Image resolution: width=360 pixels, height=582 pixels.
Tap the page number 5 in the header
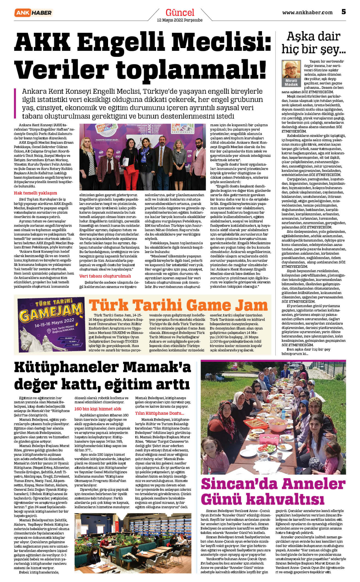coord(343,12)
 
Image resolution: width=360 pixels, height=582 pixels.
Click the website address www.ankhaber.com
coord(307,13)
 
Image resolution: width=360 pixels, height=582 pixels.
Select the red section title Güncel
coord(180,13)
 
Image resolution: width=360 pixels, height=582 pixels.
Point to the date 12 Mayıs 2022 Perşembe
coord(180,20)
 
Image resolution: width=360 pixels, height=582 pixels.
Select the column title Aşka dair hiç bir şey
coord(313,43)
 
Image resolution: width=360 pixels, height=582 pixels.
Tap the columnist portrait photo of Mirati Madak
coord(291,70)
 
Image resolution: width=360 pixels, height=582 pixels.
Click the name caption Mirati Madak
coord(291,82)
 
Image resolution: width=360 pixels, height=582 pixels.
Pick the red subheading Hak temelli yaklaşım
coord(35,193)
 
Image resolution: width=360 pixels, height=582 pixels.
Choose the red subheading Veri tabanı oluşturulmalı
coord(105,276)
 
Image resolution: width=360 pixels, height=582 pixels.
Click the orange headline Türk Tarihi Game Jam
coord(178,305)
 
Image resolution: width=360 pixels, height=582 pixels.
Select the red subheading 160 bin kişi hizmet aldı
coord(98,409)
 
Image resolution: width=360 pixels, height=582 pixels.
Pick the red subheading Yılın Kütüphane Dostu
coord(159,413)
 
